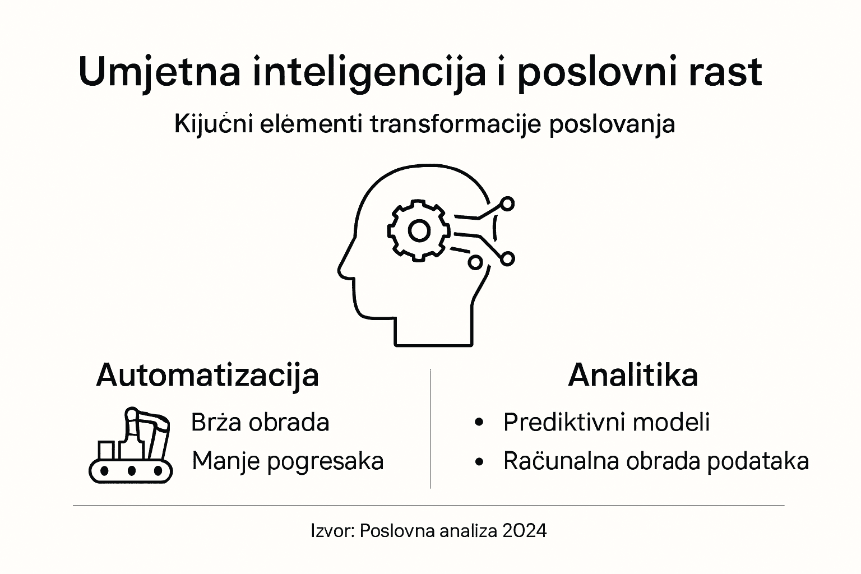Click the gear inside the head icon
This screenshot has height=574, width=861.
(x=419, y=230)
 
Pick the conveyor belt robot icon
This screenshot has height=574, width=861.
(x=131, y=446)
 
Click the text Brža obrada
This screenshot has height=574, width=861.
(x=260, y=422)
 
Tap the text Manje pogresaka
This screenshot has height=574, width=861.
(x=288, y=461)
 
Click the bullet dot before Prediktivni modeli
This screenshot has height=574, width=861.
(x=478, y=423)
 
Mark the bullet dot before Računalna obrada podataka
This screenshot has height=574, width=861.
(x=478, y=462)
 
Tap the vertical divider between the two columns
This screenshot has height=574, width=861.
(x=430, y=429)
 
